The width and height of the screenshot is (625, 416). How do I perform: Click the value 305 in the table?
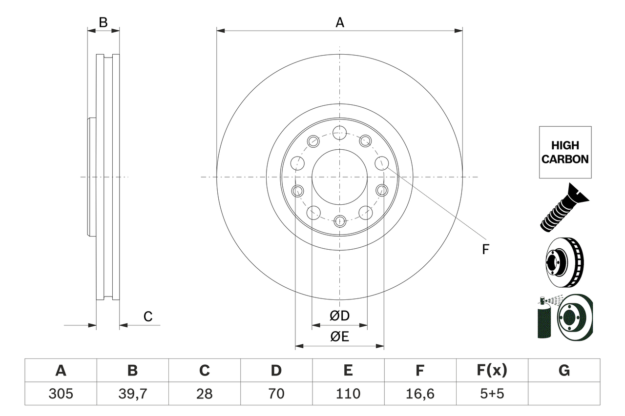(x=61, y=394)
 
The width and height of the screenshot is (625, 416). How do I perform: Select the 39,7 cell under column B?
(x=132, y=394)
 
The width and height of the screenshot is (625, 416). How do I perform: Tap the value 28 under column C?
(x=204, y=394)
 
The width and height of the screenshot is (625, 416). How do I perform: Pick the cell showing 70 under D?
(x=276, y=394)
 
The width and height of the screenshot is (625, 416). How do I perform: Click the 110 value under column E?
(x=348, y=394)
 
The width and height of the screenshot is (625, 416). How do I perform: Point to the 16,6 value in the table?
(x=419, y=394)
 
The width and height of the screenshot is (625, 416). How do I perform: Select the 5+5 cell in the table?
(x=492, y=394)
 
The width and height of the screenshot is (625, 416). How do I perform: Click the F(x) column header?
(x=492, y=371)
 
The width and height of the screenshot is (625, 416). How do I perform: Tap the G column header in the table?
(x=564, y=371)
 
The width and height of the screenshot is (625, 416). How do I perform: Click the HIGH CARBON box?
(x=565, y=152)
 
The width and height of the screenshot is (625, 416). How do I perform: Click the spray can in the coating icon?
(x=543, y=319)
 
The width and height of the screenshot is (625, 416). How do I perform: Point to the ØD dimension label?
(x=339, y=316)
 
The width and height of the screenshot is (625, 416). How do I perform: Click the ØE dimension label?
(x=339, y=337)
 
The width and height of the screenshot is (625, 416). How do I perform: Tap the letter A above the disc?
(x=339, y=22)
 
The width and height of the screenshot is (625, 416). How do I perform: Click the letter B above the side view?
(x=103, y=22)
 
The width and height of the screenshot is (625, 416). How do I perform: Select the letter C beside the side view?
(x=148, y=317)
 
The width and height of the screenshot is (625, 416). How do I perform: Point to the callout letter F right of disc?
(x=485, y=249)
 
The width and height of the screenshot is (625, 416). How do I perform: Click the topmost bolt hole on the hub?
(x=339, y=132)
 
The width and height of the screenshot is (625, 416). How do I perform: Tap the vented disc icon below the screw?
(x=564, y=263)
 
